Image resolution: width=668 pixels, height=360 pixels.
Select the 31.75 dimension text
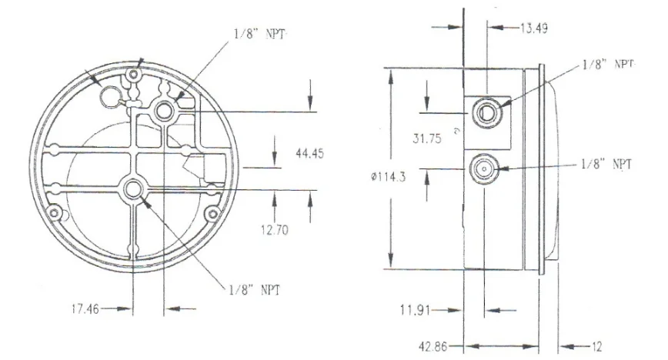coord(426,140)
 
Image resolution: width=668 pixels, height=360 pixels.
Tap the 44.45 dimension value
coord(309,154)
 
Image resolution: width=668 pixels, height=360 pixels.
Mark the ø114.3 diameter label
coord(389,176)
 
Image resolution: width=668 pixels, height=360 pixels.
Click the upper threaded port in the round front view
coord(164,112)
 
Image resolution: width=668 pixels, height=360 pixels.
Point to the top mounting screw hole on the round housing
coord(134,75)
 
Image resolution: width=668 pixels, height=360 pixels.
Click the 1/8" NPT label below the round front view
coord(254,290)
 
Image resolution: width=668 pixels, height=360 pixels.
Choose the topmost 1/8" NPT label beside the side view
coord(606,65)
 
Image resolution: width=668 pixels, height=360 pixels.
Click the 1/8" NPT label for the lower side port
coord(606,164)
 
